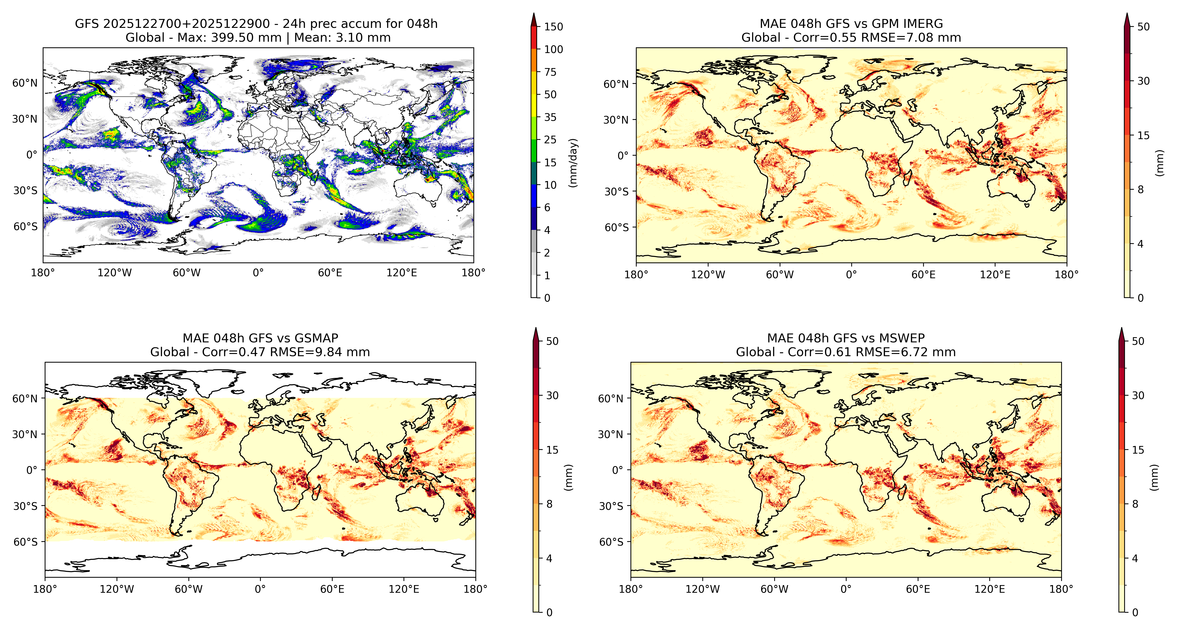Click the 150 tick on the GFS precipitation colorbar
pos(553,26)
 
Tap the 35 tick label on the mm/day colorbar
pos(550,117)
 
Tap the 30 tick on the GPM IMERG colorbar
pos(1143,81)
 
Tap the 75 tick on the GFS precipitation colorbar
pos(550,72)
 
